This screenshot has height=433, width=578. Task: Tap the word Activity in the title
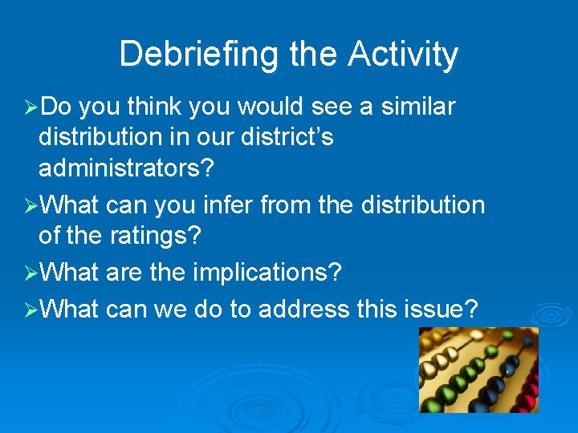point(403,55)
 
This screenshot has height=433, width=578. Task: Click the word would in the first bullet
point(276,106)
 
